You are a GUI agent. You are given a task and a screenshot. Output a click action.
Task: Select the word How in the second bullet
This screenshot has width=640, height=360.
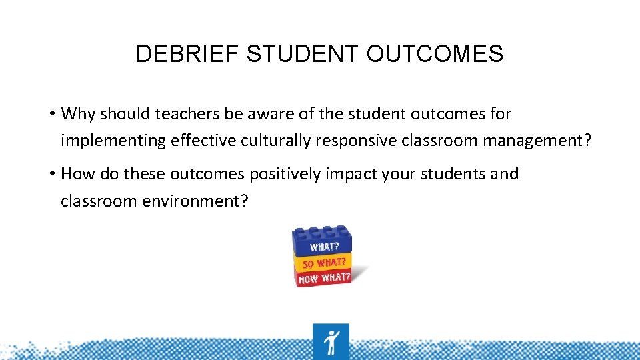click(77, 174)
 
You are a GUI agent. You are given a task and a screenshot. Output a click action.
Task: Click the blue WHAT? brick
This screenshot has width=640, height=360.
click(323, 244)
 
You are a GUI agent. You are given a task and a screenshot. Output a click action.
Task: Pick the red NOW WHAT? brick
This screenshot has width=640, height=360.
click(325, 277)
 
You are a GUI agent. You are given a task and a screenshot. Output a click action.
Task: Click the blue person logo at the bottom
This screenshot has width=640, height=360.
click(331, 341)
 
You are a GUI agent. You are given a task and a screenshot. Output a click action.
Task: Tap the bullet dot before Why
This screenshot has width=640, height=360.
click(51, 114)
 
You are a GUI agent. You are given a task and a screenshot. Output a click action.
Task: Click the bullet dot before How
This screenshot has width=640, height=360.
click(51, 174)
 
